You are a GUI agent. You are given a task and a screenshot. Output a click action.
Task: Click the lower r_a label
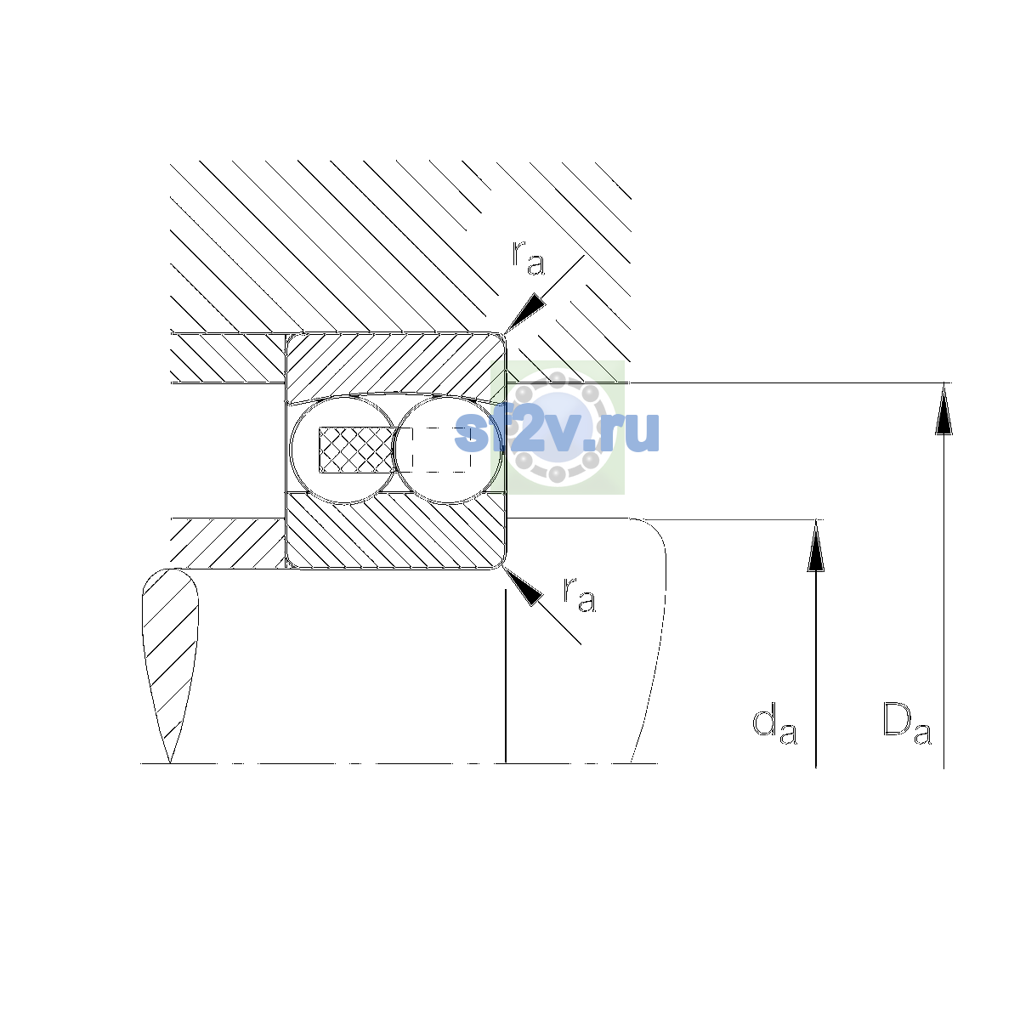579,594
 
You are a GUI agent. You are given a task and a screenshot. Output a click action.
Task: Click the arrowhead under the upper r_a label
524,312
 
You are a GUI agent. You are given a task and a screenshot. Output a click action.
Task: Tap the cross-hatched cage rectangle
356,450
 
